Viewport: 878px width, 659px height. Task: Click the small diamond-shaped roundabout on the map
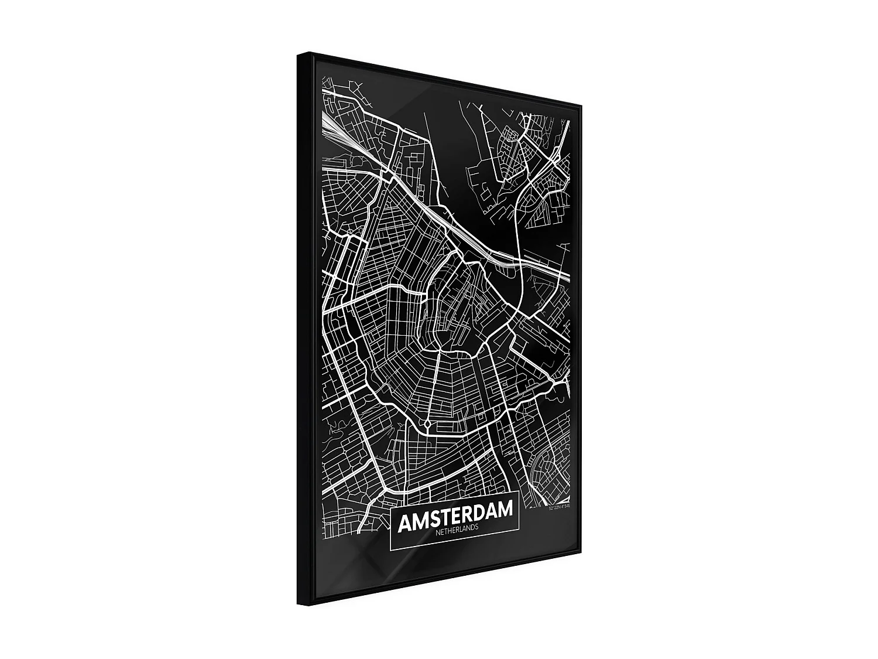tap(427, 423)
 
